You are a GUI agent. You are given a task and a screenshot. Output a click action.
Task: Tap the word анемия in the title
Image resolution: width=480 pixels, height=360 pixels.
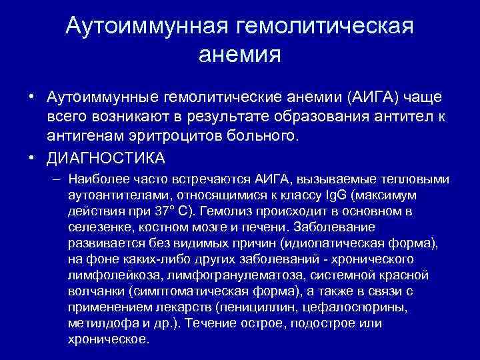click(240, 55)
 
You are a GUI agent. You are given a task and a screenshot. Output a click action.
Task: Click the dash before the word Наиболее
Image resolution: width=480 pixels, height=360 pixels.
click(55, 180)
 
